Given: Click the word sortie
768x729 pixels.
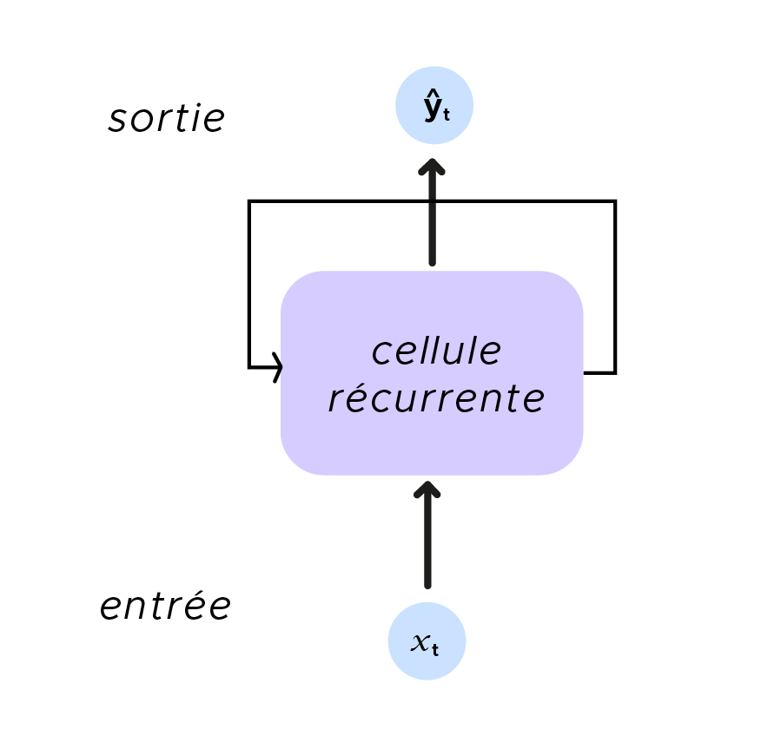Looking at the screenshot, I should tap(166, 119).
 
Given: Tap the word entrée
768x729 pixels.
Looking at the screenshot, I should tap(165, 607).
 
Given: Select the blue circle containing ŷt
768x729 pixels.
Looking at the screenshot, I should tap(434, 106).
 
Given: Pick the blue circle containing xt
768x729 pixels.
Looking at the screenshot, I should tap(427, 641).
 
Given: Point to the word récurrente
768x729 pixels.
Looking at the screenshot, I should tap(436, 399).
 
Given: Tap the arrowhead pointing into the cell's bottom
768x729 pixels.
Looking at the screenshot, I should tap(427, 489).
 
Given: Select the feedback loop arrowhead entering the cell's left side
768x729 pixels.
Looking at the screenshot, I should tap(277, 367).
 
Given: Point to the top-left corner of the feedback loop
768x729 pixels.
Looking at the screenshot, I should tap(249, 201).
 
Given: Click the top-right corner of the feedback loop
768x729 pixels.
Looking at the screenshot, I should tap(615, 201).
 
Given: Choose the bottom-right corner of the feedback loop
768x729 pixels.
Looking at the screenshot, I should tap(615, 372).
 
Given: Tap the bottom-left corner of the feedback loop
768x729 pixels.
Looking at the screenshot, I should tap(249, 367).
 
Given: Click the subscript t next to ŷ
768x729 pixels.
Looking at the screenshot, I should tap(446, 115).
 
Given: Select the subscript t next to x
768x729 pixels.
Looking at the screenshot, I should tap(434, 647).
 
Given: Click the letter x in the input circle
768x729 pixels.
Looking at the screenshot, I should tap(420, 643).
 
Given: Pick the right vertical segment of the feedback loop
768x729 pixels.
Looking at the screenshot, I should tap(615, 286).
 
